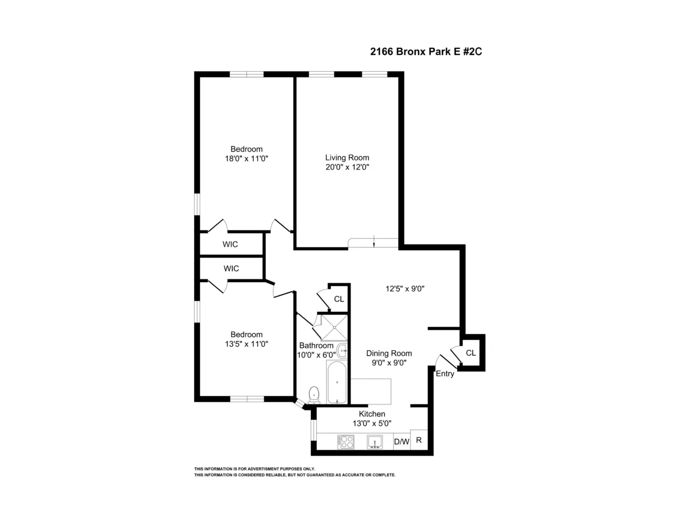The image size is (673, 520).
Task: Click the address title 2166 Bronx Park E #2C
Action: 426,51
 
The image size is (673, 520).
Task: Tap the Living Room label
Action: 347,158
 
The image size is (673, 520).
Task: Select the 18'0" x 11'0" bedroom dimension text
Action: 246,159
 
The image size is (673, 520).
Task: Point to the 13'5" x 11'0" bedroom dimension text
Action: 246,344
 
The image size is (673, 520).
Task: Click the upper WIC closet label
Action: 230,245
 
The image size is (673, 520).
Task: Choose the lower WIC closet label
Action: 231,269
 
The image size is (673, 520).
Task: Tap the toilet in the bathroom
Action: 314,394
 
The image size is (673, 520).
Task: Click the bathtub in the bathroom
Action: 336,383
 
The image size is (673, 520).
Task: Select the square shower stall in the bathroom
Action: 334,327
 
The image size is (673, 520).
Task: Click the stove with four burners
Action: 345,442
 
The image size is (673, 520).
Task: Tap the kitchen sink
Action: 375,442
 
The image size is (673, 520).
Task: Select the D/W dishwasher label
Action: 402,442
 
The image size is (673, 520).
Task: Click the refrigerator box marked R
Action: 418,440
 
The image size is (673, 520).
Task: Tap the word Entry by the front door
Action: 445,374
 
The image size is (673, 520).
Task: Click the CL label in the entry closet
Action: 471,353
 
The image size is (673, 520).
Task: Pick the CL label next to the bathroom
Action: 339,299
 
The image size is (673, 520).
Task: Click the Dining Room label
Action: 389,353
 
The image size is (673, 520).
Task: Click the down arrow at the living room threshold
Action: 374,242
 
